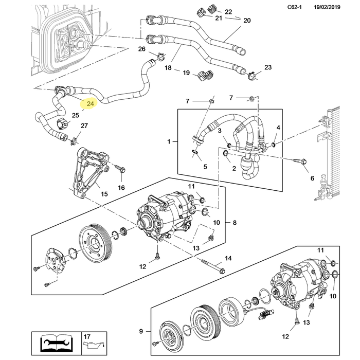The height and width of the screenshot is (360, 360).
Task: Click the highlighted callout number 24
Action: tap(90, 104)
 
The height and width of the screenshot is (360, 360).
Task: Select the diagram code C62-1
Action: tap(294, 7)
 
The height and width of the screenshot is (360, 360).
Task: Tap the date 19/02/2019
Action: tap(327, 7)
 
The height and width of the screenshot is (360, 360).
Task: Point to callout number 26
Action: tap(141, 49)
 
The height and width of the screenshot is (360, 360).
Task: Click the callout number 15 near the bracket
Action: tap(104, 194)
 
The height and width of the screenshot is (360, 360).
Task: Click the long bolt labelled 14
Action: tap(213, 266)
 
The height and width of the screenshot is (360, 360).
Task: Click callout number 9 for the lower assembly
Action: tap(141, 331)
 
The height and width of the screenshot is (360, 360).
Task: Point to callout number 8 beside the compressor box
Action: tap(235, 223)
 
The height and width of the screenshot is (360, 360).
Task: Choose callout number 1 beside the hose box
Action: tap(169, 141)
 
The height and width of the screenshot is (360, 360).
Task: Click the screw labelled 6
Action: tap(300, 161)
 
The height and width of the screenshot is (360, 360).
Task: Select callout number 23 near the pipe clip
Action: tap(268, 67)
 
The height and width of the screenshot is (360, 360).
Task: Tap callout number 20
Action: tap(247, 21)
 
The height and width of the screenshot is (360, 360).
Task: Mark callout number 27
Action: tap(84, 125)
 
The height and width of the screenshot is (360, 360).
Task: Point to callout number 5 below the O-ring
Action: tap(205, 167)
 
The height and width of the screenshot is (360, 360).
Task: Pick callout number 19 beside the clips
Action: tap(186, 73)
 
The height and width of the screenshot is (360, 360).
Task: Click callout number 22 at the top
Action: tap(228, 12)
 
